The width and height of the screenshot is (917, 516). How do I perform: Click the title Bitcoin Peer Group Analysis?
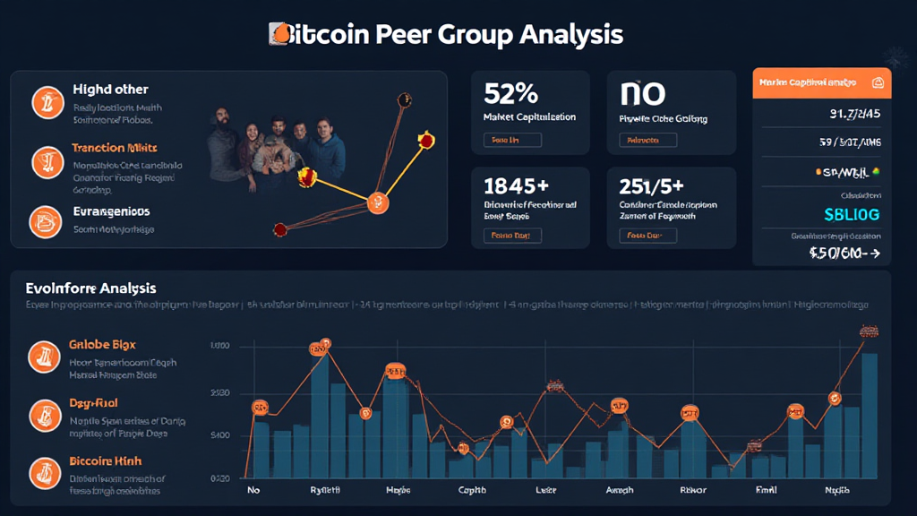tap(446, 35)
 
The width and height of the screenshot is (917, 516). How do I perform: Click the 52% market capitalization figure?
tap(510, 93)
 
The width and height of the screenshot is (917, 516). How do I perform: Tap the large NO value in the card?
tap(641, 93)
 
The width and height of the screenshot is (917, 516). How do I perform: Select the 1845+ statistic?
tap(515, 186)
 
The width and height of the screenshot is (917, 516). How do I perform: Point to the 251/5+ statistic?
tap(651, 186)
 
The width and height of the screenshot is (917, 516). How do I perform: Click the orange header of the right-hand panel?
tap(821, 82)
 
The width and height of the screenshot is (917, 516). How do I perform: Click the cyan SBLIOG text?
tap(851, 215)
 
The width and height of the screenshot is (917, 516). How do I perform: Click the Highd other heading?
tap(110, 90)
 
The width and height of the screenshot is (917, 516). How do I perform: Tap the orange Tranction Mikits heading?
tap(115, 148)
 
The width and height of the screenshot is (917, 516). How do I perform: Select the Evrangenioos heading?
tap(111, 212)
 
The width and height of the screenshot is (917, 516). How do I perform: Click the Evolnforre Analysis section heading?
tap(91, 288)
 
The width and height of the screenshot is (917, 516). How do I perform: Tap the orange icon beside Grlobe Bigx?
tap(43, 357)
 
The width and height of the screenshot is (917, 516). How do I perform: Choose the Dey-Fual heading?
tap(93, 403)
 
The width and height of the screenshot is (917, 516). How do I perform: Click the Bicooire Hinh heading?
tap(105, 461)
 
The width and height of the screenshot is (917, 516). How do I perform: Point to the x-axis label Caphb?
tap(472, 490)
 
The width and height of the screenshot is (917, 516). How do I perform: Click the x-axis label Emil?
tap(765, 490)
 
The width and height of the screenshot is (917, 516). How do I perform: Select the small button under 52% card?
tap(512, 140)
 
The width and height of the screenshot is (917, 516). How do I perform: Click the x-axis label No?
tap(253, 490)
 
